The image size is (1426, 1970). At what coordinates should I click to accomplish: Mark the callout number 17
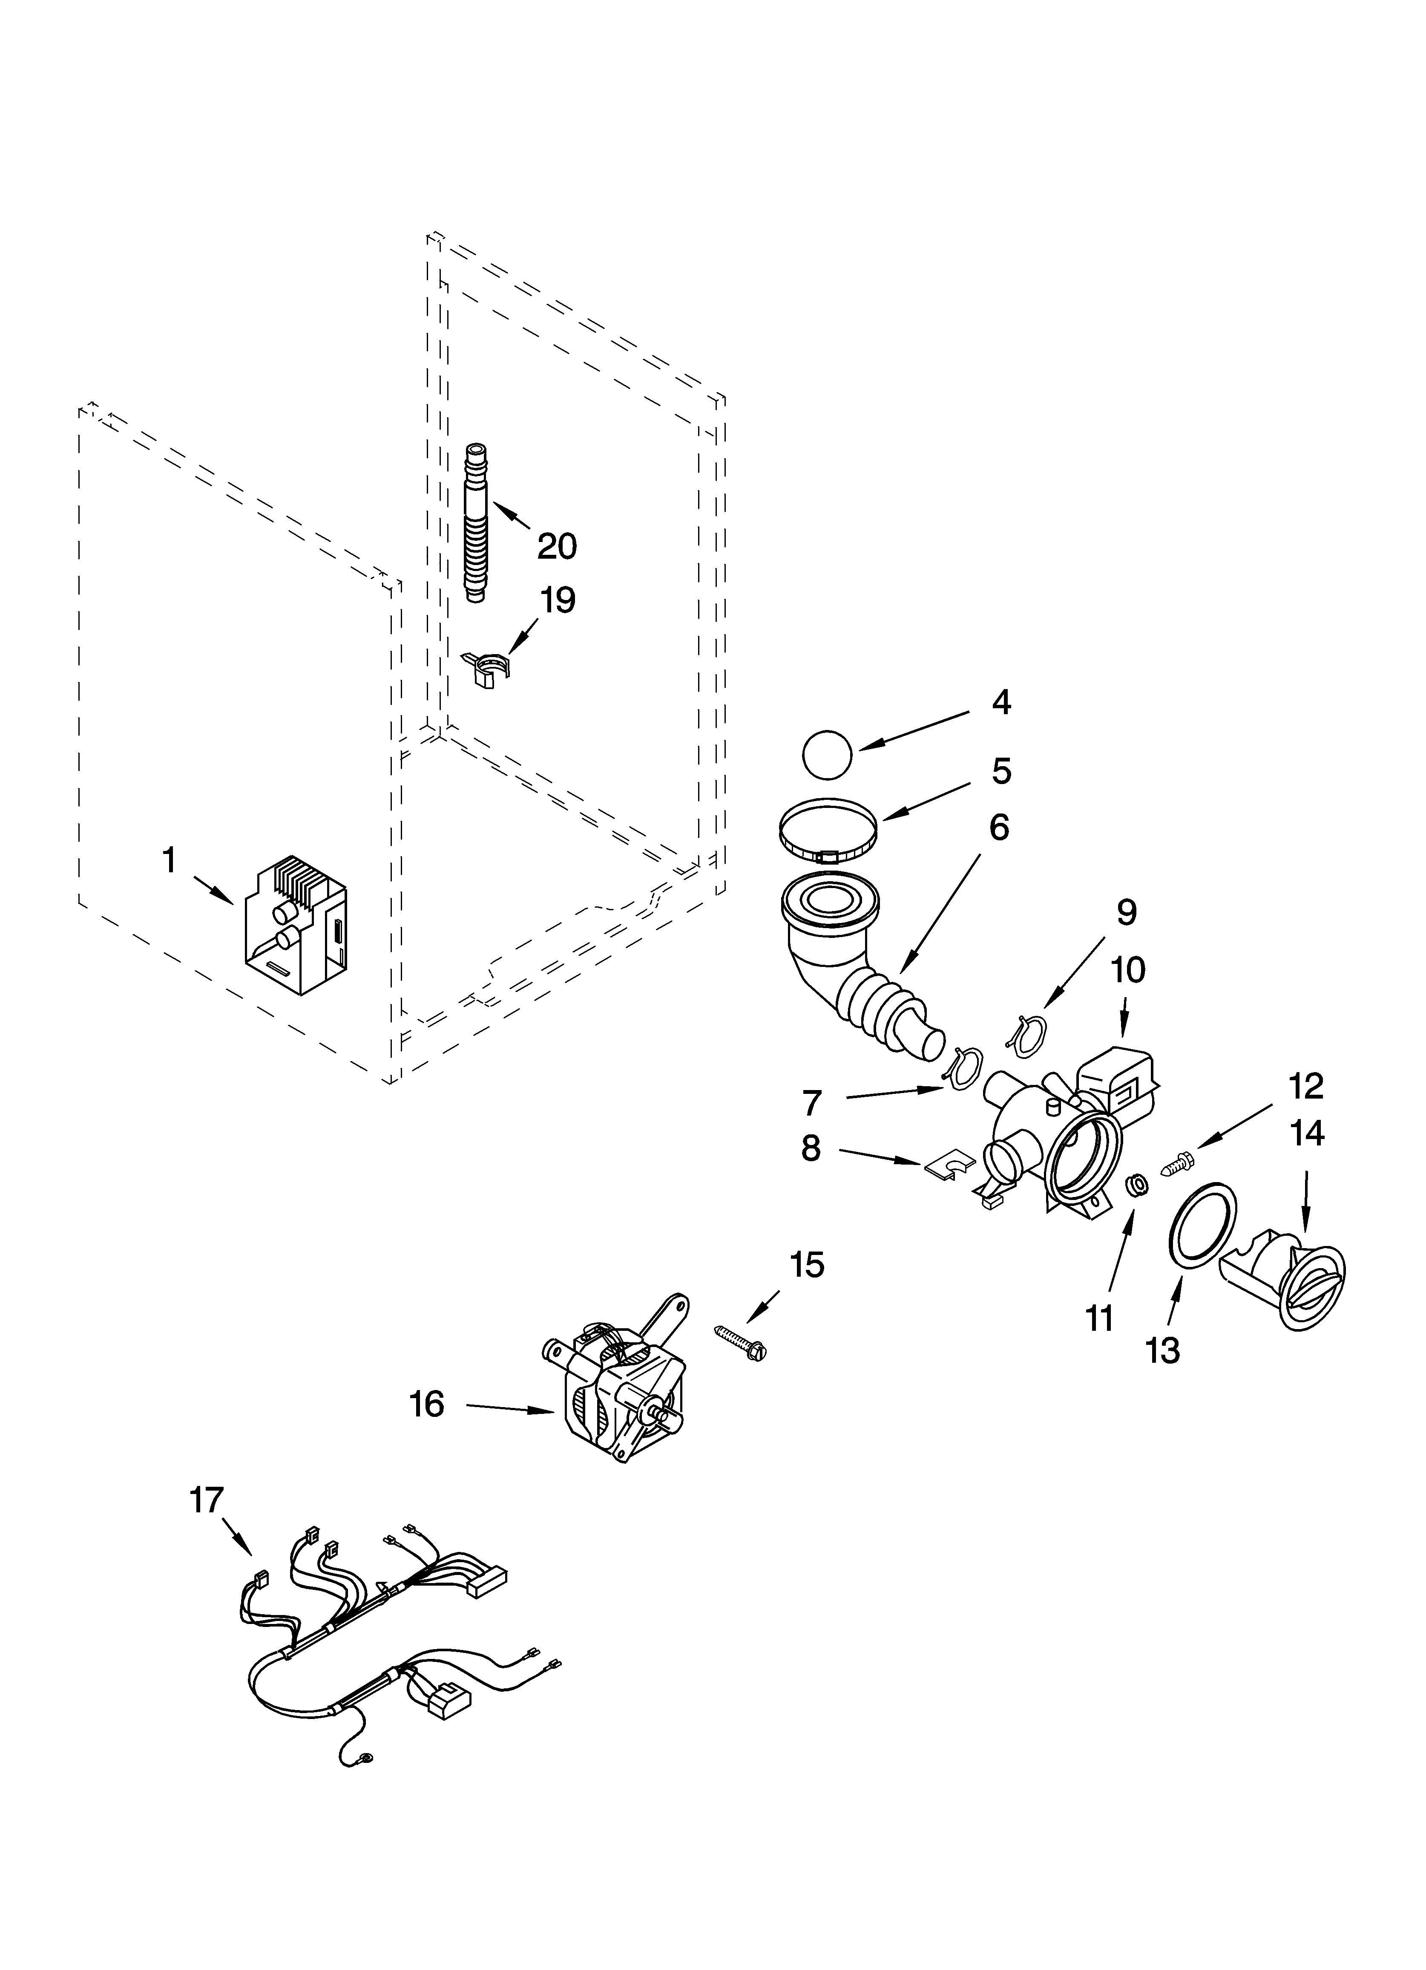coord(207,1500)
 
